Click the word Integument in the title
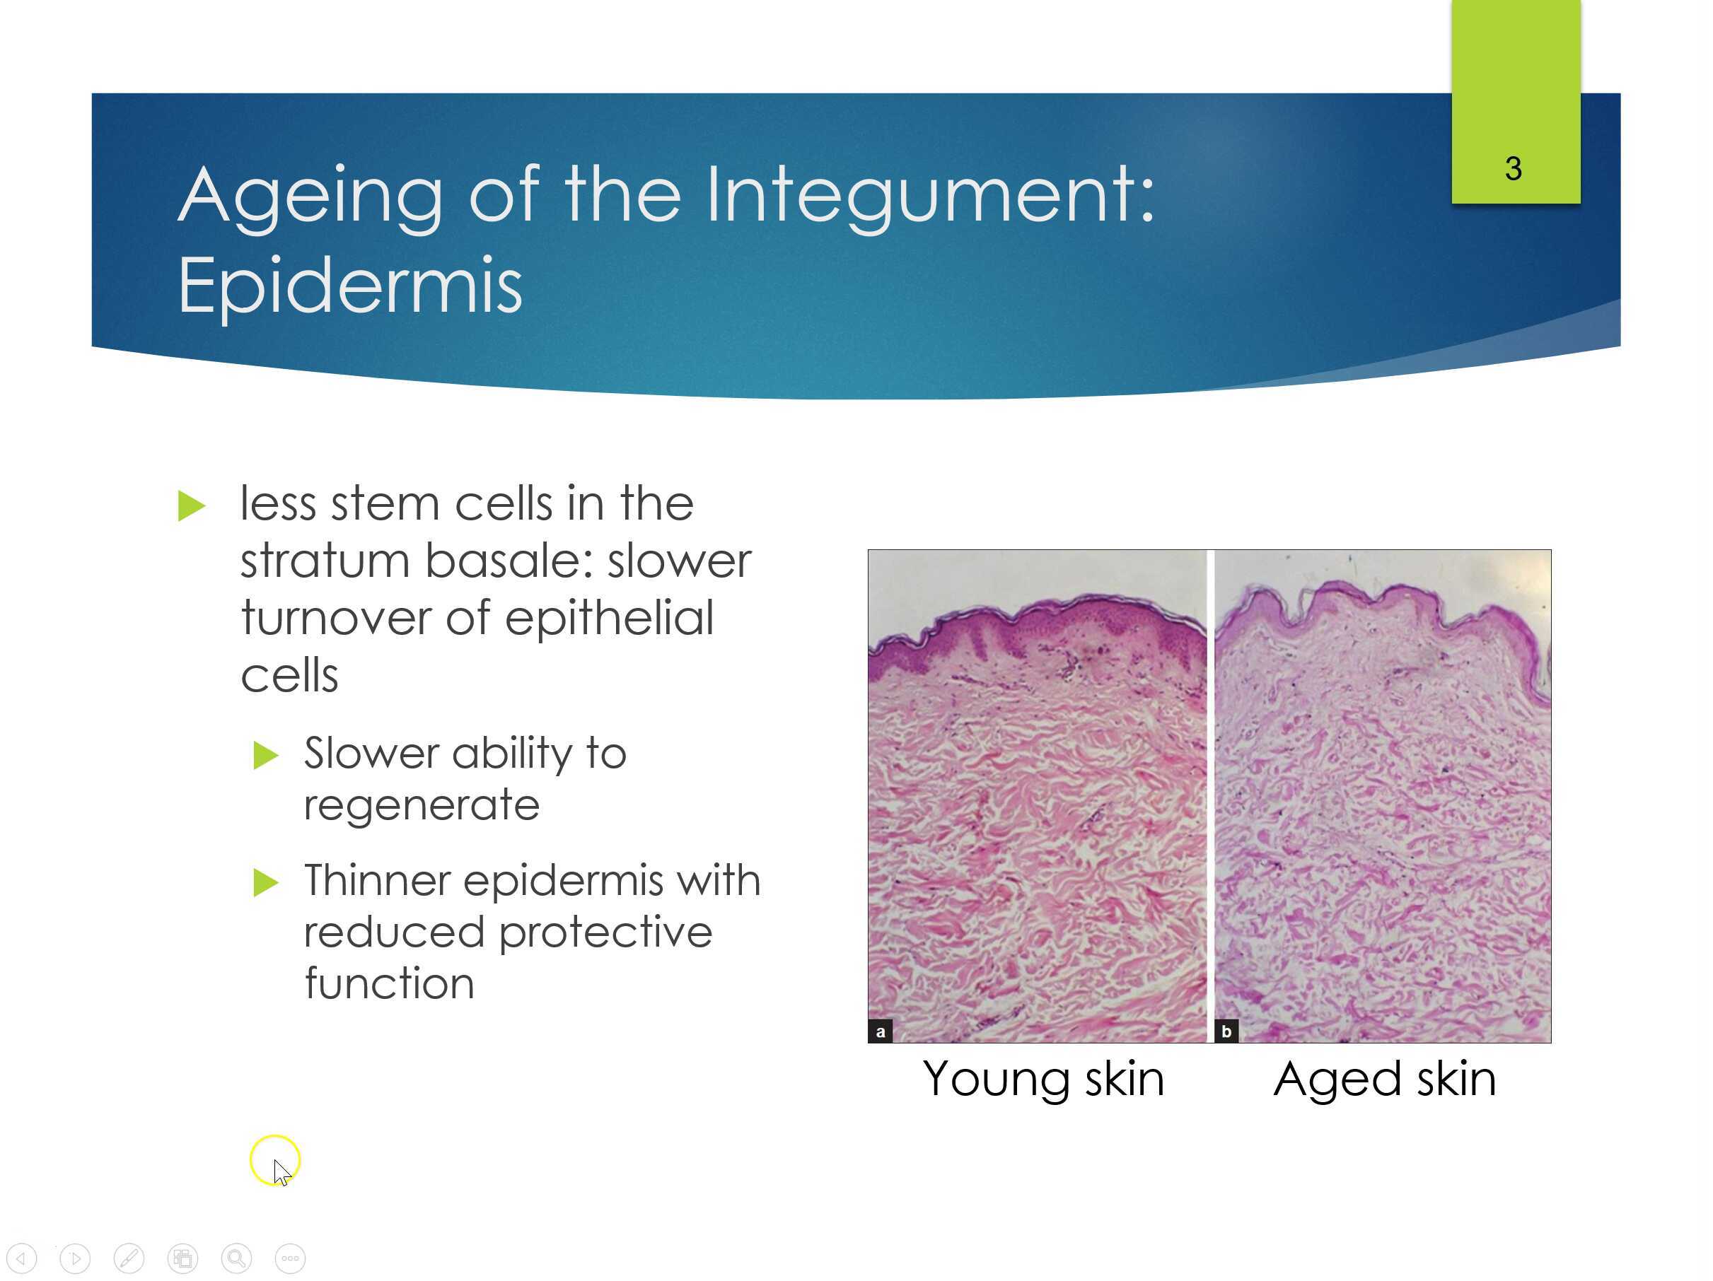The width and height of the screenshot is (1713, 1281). [x=929, y=196]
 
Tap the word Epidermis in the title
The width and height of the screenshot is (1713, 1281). [x=350, y=286]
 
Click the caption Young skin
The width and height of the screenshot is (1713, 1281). [x=1043, y=1078]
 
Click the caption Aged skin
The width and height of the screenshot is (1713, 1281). [x=1385, y=1078]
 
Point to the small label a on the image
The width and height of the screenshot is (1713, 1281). [x=880, y=1031]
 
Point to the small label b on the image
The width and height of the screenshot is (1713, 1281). [x=1226, y=1031]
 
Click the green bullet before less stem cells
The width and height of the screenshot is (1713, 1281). [x=190, y=506]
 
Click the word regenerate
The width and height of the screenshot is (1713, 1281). [x=422, y=806]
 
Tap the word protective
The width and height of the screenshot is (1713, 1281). [x=605, y=932]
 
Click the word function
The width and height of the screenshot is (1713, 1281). [x=389, y=983]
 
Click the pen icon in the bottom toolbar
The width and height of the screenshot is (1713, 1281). [x=129, y=1258]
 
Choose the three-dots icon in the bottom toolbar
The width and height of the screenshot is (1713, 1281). [x=290, y=1258]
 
